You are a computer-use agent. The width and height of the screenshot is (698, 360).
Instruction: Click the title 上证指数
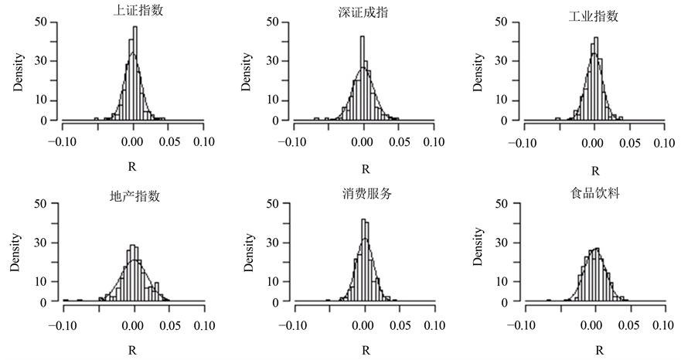134,11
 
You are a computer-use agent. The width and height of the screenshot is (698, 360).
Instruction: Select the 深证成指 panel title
363,11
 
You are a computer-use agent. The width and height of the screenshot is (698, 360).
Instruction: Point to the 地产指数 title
134,195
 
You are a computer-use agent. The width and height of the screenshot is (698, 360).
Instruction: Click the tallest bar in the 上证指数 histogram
134,73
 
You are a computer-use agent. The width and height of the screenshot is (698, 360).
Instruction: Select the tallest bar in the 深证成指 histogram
362,78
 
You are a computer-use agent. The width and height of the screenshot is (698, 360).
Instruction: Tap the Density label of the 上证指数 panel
19,73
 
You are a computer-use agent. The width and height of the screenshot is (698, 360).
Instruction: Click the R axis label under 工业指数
594,169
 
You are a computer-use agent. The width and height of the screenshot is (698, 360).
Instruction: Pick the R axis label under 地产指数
134,349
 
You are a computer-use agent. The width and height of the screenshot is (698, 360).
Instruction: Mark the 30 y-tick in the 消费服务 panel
273,242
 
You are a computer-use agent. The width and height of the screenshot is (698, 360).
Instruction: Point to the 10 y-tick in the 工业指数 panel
502,100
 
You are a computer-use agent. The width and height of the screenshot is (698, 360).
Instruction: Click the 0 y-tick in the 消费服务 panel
276,302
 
